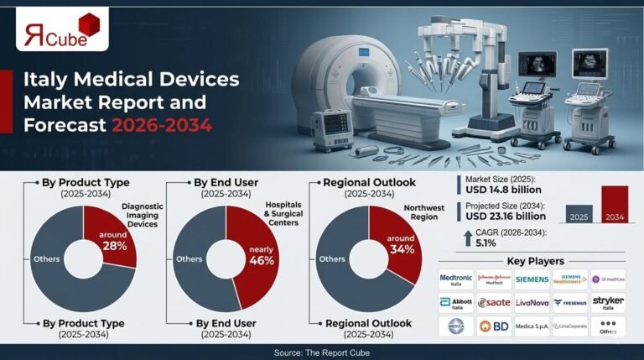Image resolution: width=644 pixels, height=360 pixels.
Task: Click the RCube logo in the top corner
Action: pos(62,32)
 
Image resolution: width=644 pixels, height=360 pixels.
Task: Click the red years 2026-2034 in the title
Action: pos(160,125)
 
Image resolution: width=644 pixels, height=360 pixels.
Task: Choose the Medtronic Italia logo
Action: pos(455,279)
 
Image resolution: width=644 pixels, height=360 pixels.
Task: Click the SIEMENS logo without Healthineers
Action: pos(532,279)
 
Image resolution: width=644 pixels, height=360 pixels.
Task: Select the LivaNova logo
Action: pos(532,302)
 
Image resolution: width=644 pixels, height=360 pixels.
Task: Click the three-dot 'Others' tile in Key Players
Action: pos(608,326)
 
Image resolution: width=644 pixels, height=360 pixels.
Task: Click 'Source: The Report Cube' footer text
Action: pos(322,351)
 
